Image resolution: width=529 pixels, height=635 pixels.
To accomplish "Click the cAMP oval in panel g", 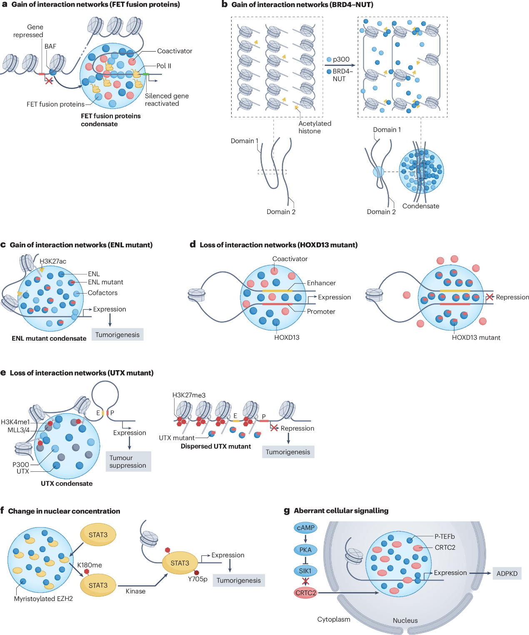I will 305,528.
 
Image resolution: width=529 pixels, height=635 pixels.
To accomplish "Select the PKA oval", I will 305,550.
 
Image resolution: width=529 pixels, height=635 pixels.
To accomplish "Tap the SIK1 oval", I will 305,571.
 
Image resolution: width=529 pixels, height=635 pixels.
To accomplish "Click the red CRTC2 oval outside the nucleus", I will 306,593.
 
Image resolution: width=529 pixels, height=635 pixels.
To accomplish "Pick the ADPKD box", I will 507,573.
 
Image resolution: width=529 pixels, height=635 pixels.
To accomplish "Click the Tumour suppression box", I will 128,461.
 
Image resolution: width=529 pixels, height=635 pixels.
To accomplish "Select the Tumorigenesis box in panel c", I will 117,334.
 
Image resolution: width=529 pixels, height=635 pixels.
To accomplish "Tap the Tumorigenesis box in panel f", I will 239,580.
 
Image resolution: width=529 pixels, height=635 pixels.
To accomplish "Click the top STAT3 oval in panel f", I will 98,535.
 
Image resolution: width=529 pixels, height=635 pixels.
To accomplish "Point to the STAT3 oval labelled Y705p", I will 180,563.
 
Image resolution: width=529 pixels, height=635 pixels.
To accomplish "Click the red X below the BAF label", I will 49,80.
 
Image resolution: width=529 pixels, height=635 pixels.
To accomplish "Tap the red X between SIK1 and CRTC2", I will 305,581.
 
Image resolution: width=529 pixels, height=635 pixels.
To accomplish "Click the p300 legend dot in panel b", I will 329,60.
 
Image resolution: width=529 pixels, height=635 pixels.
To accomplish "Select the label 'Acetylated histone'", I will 314,127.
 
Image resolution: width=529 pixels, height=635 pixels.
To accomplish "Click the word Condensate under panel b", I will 421,206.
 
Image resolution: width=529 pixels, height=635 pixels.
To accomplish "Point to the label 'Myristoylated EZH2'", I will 43,598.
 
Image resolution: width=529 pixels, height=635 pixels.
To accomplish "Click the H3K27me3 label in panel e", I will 189,395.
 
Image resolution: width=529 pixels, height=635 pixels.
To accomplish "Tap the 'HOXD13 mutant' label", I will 476,337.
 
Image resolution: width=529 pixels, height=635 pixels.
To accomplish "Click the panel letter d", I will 193,244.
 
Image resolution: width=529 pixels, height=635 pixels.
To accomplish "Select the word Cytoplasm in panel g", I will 334,619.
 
